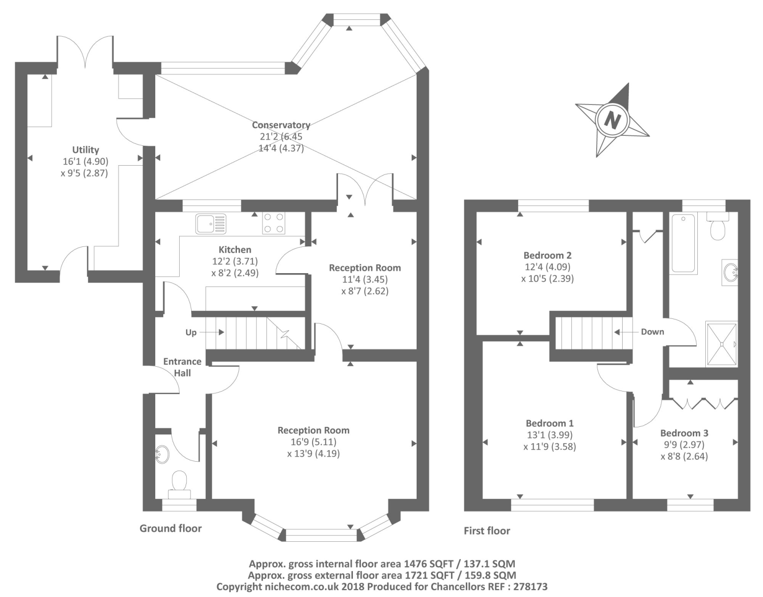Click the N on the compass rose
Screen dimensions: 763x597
613,120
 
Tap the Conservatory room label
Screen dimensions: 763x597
281,125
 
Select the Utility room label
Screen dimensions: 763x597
86,150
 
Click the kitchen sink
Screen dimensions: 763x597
211,223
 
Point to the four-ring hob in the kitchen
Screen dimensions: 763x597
274,223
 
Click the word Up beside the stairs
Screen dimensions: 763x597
191,332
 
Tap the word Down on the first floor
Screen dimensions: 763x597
652,332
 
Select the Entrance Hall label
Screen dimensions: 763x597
182,367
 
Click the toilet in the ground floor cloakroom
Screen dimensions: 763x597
179,483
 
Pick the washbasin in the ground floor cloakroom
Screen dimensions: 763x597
162,454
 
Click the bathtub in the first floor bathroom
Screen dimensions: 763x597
683,243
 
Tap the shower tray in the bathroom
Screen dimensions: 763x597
721,344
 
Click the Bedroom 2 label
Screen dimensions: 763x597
547,255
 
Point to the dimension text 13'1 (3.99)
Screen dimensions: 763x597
549,435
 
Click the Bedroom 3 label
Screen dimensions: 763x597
684,433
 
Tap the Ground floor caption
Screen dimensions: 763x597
171,528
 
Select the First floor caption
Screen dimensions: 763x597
487,531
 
